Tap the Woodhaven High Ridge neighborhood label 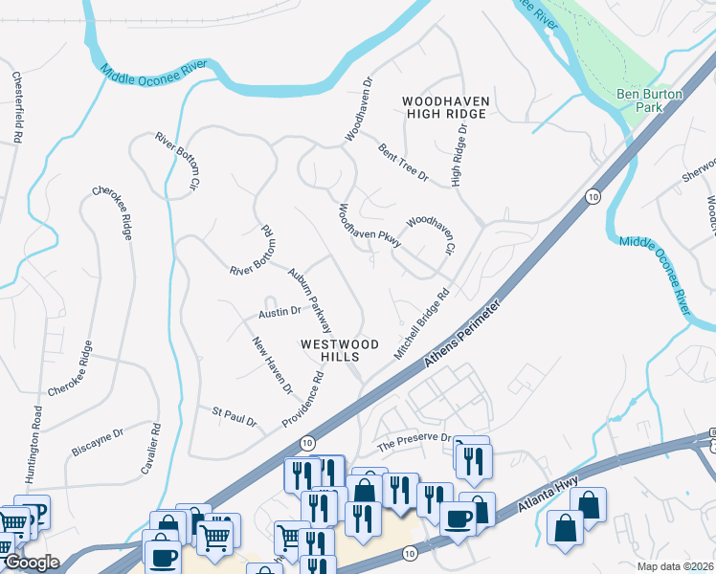445,107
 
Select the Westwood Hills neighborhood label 339,350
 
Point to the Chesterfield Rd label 17,107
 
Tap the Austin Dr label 280,312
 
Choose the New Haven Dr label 272,365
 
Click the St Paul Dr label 234,416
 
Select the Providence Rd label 303,401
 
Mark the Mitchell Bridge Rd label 421,326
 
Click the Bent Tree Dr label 402,165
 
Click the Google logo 32,563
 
